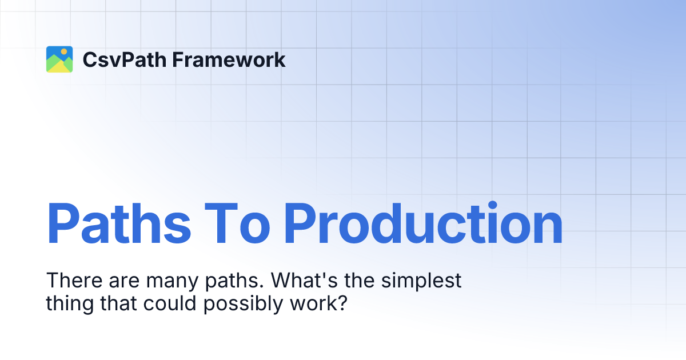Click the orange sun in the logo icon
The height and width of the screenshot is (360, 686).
[64, 51]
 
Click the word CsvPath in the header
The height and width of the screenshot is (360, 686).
[117, 59]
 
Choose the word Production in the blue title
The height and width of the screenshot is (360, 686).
[423, 224]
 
